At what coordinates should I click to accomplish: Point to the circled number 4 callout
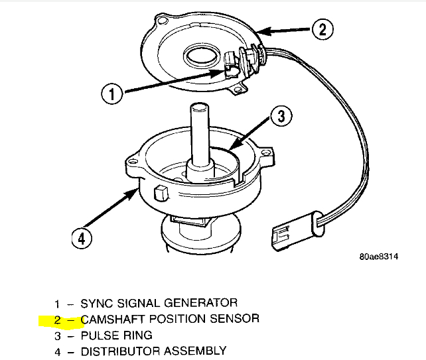81,237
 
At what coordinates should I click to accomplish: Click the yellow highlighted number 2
58,320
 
